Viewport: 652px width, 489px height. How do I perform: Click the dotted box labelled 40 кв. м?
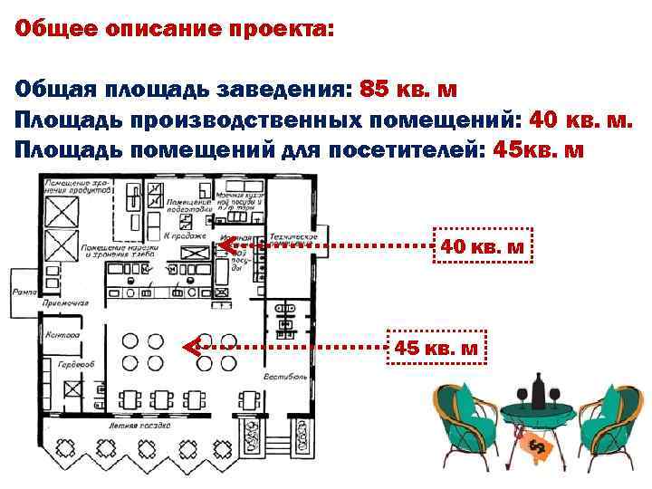click(x=482, y=245)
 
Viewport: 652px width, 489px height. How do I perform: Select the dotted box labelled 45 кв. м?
click(x=436, y=349)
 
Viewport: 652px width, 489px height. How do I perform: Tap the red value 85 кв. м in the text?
click(x=408, y=91)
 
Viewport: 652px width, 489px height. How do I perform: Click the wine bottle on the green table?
click(x=540, y=393)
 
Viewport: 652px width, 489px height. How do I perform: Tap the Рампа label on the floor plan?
click(x=21, y=292)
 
